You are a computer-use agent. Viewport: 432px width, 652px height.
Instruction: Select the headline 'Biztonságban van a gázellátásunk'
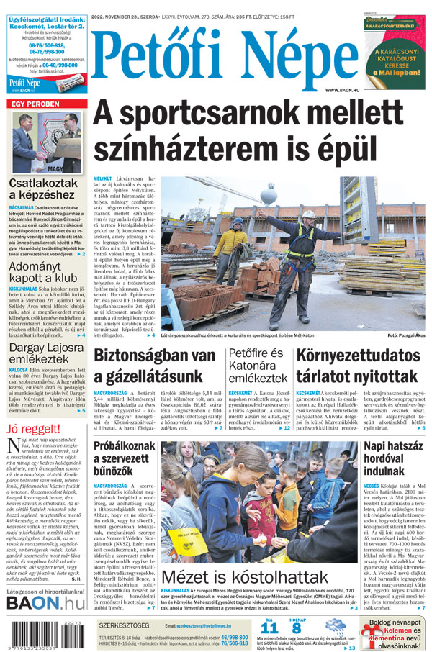[155, 366]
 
